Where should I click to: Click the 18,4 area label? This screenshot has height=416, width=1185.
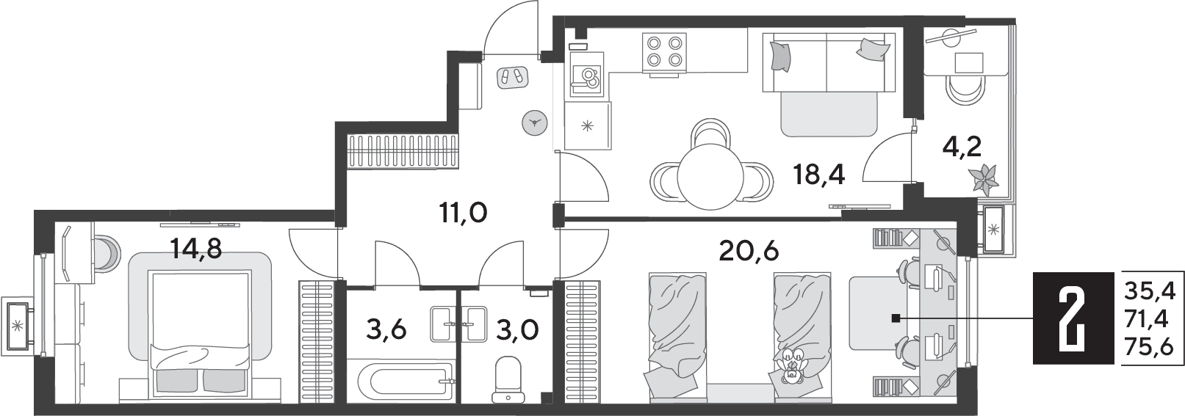coord(819,174)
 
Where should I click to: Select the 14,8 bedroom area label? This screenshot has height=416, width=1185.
coord(195,247)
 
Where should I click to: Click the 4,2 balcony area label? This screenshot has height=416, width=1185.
coord(962,147)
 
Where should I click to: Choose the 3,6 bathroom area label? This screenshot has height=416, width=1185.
coord(386,330)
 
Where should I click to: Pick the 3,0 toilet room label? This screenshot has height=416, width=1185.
coord(517,330)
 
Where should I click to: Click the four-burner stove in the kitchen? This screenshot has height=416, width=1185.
coord(664,51)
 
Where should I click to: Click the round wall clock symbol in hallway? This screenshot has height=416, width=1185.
coord(534,123)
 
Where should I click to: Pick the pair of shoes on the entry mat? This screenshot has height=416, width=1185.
coord(513,77)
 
